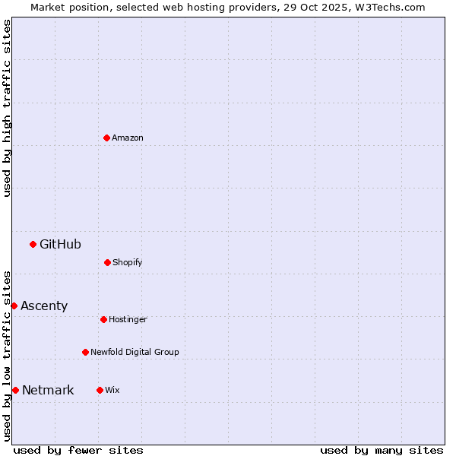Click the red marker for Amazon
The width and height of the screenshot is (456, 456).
(106, 138)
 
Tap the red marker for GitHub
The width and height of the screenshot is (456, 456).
(33, 244)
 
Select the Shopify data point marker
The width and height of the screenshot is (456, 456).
(107, 262)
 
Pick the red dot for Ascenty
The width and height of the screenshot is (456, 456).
(14, 306)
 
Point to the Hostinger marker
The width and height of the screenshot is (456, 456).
(103, 319)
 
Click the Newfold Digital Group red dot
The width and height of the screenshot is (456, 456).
(85, 352)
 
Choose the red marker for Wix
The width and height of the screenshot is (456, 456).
(100, 390)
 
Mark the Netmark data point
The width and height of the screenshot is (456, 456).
(15, 390)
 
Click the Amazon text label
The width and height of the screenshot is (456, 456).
(128, 138)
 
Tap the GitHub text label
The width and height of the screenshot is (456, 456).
(60, 244)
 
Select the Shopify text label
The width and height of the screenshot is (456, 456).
(128, 262)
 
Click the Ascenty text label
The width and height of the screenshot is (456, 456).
(44, 306)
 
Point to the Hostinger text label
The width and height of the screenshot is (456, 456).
(128, 319)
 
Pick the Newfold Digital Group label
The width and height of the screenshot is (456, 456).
(135, 352)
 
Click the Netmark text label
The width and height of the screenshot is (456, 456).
(48, 390)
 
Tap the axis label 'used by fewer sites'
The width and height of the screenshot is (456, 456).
(78, 450)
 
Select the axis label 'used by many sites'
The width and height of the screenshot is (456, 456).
(382, 450)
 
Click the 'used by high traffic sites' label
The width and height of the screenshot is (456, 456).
(7, 108)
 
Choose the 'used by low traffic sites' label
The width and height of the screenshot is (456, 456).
(7, 356)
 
